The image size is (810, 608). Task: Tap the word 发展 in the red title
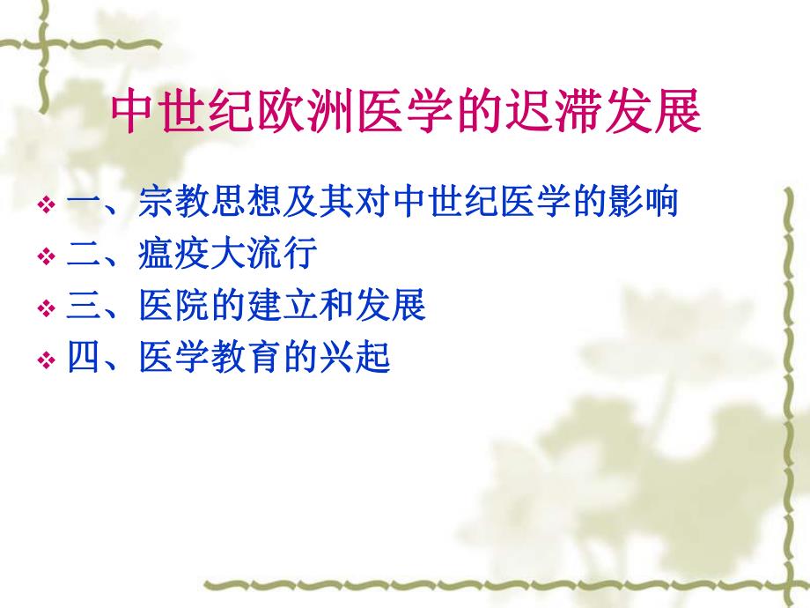(x=663, y=112)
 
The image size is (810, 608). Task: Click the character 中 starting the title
(x=133, y=112)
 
